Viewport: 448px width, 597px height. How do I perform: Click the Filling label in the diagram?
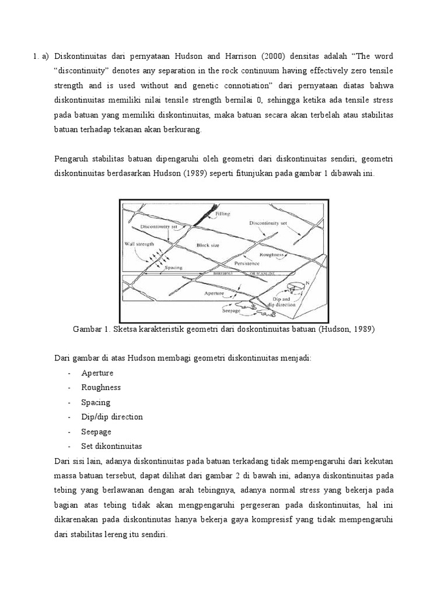222,214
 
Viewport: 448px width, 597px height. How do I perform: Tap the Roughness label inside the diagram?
272,254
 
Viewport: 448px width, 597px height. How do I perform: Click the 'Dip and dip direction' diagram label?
283,301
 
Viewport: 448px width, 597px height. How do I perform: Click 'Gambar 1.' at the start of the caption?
91,329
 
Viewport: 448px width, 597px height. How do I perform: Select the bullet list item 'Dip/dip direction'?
112,417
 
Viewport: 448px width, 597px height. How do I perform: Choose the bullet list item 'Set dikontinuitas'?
111,446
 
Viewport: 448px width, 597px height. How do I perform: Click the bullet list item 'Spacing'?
96,402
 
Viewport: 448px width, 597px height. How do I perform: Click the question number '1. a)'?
42,57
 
